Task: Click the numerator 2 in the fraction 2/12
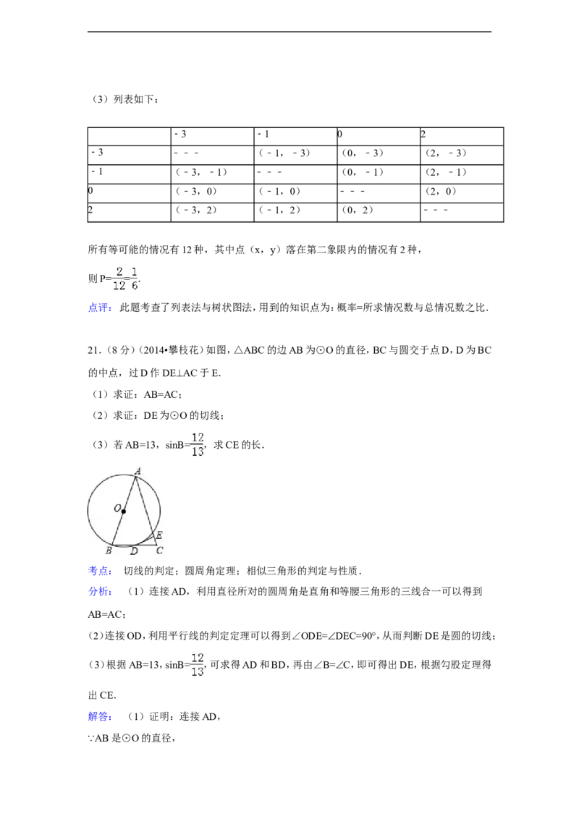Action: pos(119,271)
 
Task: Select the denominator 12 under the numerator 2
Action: pos(119,286)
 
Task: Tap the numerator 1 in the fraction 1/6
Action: pos(134,271)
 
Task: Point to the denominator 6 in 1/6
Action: pos(134,286)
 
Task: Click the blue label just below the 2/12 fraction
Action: pos(100,307)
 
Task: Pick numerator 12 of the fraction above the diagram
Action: pos(198,438)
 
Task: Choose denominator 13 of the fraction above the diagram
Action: pos(198,452)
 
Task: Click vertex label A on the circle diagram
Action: pos(138,470)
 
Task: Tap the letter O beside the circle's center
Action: pos(117,509)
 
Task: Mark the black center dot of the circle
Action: pos(124,512)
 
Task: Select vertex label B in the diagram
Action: pos(108,551)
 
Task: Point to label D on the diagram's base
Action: pos(133,551)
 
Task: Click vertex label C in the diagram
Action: pos(159,551)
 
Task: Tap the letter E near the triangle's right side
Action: pos(159,535)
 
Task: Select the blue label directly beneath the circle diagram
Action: pos(100,571)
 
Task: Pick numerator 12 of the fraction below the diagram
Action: pos(198,658)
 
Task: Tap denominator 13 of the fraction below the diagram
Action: pos(198,672)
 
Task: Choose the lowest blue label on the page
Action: pos(100,717)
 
